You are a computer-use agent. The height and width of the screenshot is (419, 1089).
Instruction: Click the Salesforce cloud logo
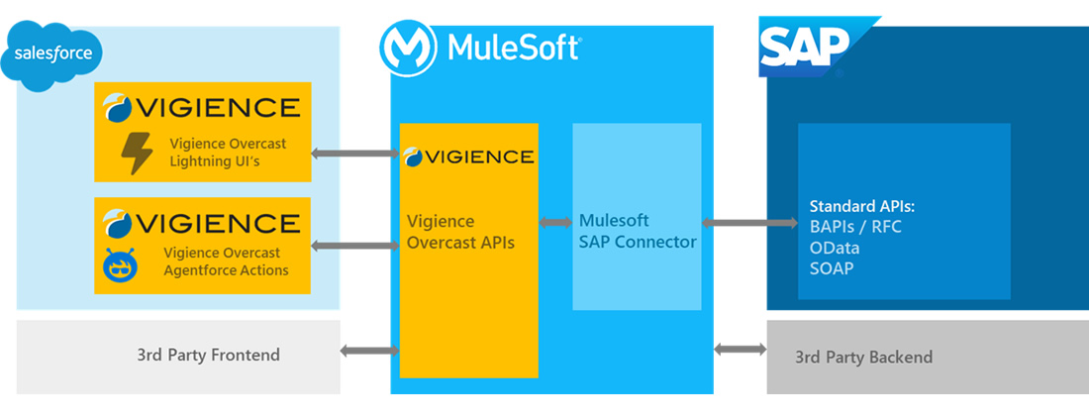pyautogui.click(x=53, y=53)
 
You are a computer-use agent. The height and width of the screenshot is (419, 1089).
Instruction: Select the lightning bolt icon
pyautogui.click(x=136, y=153)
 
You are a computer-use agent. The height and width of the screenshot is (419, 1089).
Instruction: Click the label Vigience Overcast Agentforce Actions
pyautogui.click(x=226, y=262)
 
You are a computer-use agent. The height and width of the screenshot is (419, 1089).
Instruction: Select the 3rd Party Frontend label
pyautogui.click(x=208, y=355)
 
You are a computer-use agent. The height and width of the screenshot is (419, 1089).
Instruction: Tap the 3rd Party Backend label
pyautogui.click(x=863, y=358)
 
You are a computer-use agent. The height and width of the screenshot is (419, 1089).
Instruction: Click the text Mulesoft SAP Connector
pyautogui.click(x=638, y=231)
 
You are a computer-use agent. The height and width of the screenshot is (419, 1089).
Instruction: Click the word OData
pyautogui.click(x=835, y=248)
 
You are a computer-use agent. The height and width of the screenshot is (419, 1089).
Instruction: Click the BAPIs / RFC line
pyautogui.click(x=855, y=227)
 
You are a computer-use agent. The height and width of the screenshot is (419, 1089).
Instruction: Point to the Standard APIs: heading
pyautogui.click(x=861, y=207)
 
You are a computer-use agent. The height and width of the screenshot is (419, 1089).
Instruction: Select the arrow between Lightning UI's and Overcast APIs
pyautogui.click(x=354, y=154)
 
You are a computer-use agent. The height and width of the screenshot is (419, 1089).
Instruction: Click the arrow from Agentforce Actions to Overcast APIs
pyautogui.click(x=354, y=245)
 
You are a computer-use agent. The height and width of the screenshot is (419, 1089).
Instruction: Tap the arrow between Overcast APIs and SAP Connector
pyautogui.click(x=555, y=223)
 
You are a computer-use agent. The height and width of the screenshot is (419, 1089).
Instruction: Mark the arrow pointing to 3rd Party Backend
pyautogui.click(x=741, y=349)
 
